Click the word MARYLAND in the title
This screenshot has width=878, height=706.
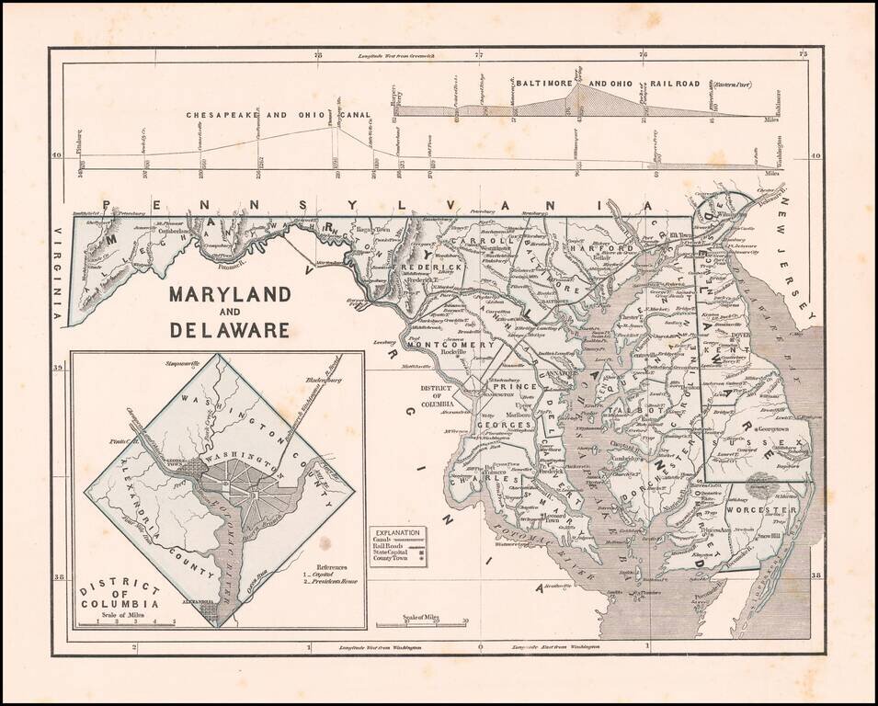[x=229, y=295]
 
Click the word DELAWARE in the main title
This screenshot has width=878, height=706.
[x=229, y=329]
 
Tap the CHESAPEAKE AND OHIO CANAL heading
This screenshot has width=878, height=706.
[x=279, y=116]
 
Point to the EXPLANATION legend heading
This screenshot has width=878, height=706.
[x=397, y=532]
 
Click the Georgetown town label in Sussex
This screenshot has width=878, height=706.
[x=773, y=428]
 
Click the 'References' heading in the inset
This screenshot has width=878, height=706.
[x=334, y=566]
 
